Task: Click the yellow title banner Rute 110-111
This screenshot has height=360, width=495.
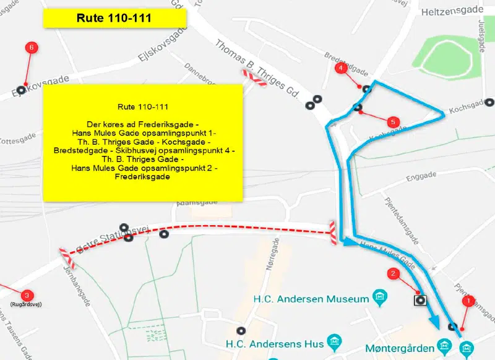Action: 114,18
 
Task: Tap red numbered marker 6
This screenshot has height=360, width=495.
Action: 30,47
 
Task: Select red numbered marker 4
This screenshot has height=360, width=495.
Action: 340,67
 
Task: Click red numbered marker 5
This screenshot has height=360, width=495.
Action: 392,121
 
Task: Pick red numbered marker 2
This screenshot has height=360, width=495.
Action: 392,273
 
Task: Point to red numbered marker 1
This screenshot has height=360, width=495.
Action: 468,301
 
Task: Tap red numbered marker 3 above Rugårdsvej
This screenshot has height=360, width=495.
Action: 27,296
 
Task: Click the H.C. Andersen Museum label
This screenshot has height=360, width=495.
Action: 311,299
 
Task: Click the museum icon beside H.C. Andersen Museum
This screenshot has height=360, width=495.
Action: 381,299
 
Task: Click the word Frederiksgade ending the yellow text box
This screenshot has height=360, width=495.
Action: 142,177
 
